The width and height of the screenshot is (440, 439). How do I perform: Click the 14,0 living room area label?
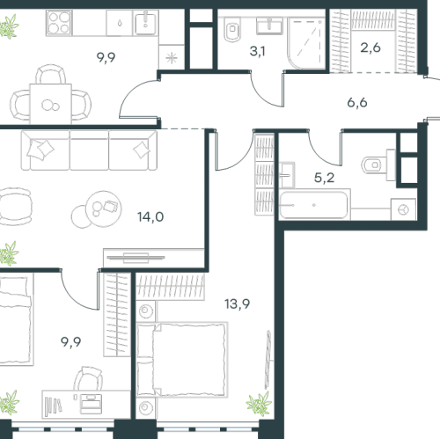click(150, 217)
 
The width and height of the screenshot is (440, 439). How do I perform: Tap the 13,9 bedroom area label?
click(237, 304)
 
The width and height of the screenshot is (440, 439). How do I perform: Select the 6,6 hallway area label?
click(357, 103)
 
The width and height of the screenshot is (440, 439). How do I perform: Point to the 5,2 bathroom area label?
click(324, 178)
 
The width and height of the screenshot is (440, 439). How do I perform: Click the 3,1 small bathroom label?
click(257, 51)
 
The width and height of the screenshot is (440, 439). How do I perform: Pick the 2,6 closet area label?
click(370, 48)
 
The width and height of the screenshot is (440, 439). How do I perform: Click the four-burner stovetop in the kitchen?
click(59, 23)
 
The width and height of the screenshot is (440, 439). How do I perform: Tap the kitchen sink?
click(146, 23)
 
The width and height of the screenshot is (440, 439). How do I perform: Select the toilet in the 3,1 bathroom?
click(232, 29)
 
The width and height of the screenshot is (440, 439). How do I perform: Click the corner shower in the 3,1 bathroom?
click(306, 43)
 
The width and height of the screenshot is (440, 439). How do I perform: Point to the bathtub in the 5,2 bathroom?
click(314, 205)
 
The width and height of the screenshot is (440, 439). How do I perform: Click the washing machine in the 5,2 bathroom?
click(403, 209)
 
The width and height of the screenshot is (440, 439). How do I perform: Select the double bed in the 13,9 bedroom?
click(182, 360)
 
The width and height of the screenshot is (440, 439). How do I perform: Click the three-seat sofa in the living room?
click(89, 150)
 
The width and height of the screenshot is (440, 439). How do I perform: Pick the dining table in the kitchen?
click(50, 104)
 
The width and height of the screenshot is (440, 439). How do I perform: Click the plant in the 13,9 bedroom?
click(259, 404)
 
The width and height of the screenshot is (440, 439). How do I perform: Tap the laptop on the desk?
click(92, 404)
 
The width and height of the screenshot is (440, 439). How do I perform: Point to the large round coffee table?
click(103, 209)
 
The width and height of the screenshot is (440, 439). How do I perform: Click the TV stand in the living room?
click(154, 258)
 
